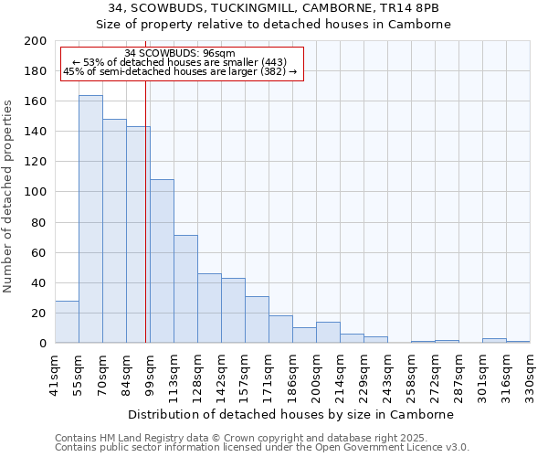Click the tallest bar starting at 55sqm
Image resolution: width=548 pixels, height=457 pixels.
[90, 219]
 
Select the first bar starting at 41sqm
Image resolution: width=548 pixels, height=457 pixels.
[67, 322]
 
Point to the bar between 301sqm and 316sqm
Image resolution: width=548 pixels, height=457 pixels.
[494, 341]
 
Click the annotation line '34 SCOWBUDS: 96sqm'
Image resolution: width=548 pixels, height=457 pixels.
[180, 53]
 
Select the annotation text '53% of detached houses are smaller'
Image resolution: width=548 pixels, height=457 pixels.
[180, 62]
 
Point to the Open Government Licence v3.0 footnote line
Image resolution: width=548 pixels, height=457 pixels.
[262, 448]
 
